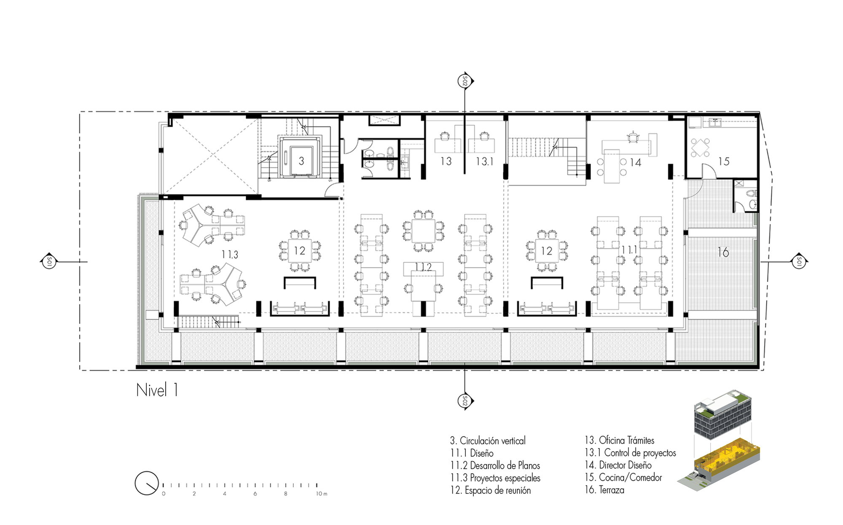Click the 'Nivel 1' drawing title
pos(157,390)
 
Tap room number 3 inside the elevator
pos(301,161)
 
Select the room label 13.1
pos(484,161)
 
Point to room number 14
pos(636,163)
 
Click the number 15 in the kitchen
pos(724,161)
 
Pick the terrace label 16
pos(723,252)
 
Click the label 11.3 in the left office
pos(230,254)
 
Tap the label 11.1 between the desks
pos(629,250)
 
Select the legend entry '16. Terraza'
pos(604,490)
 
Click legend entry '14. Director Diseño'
pos(618,465)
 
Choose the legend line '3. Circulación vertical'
pos(488,441)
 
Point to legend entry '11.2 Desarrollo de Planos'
pos(495,466)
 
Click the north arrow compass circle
pos(147,483)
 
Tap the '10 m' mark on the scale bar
pos(322,493)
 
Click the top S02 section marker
pos(465,80)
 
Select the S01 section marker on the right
pos(799,262)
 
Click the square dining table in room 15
pos(700,147)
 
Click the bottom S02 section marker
pos(465,401)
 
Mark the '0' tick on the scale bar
pos(164,493)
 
